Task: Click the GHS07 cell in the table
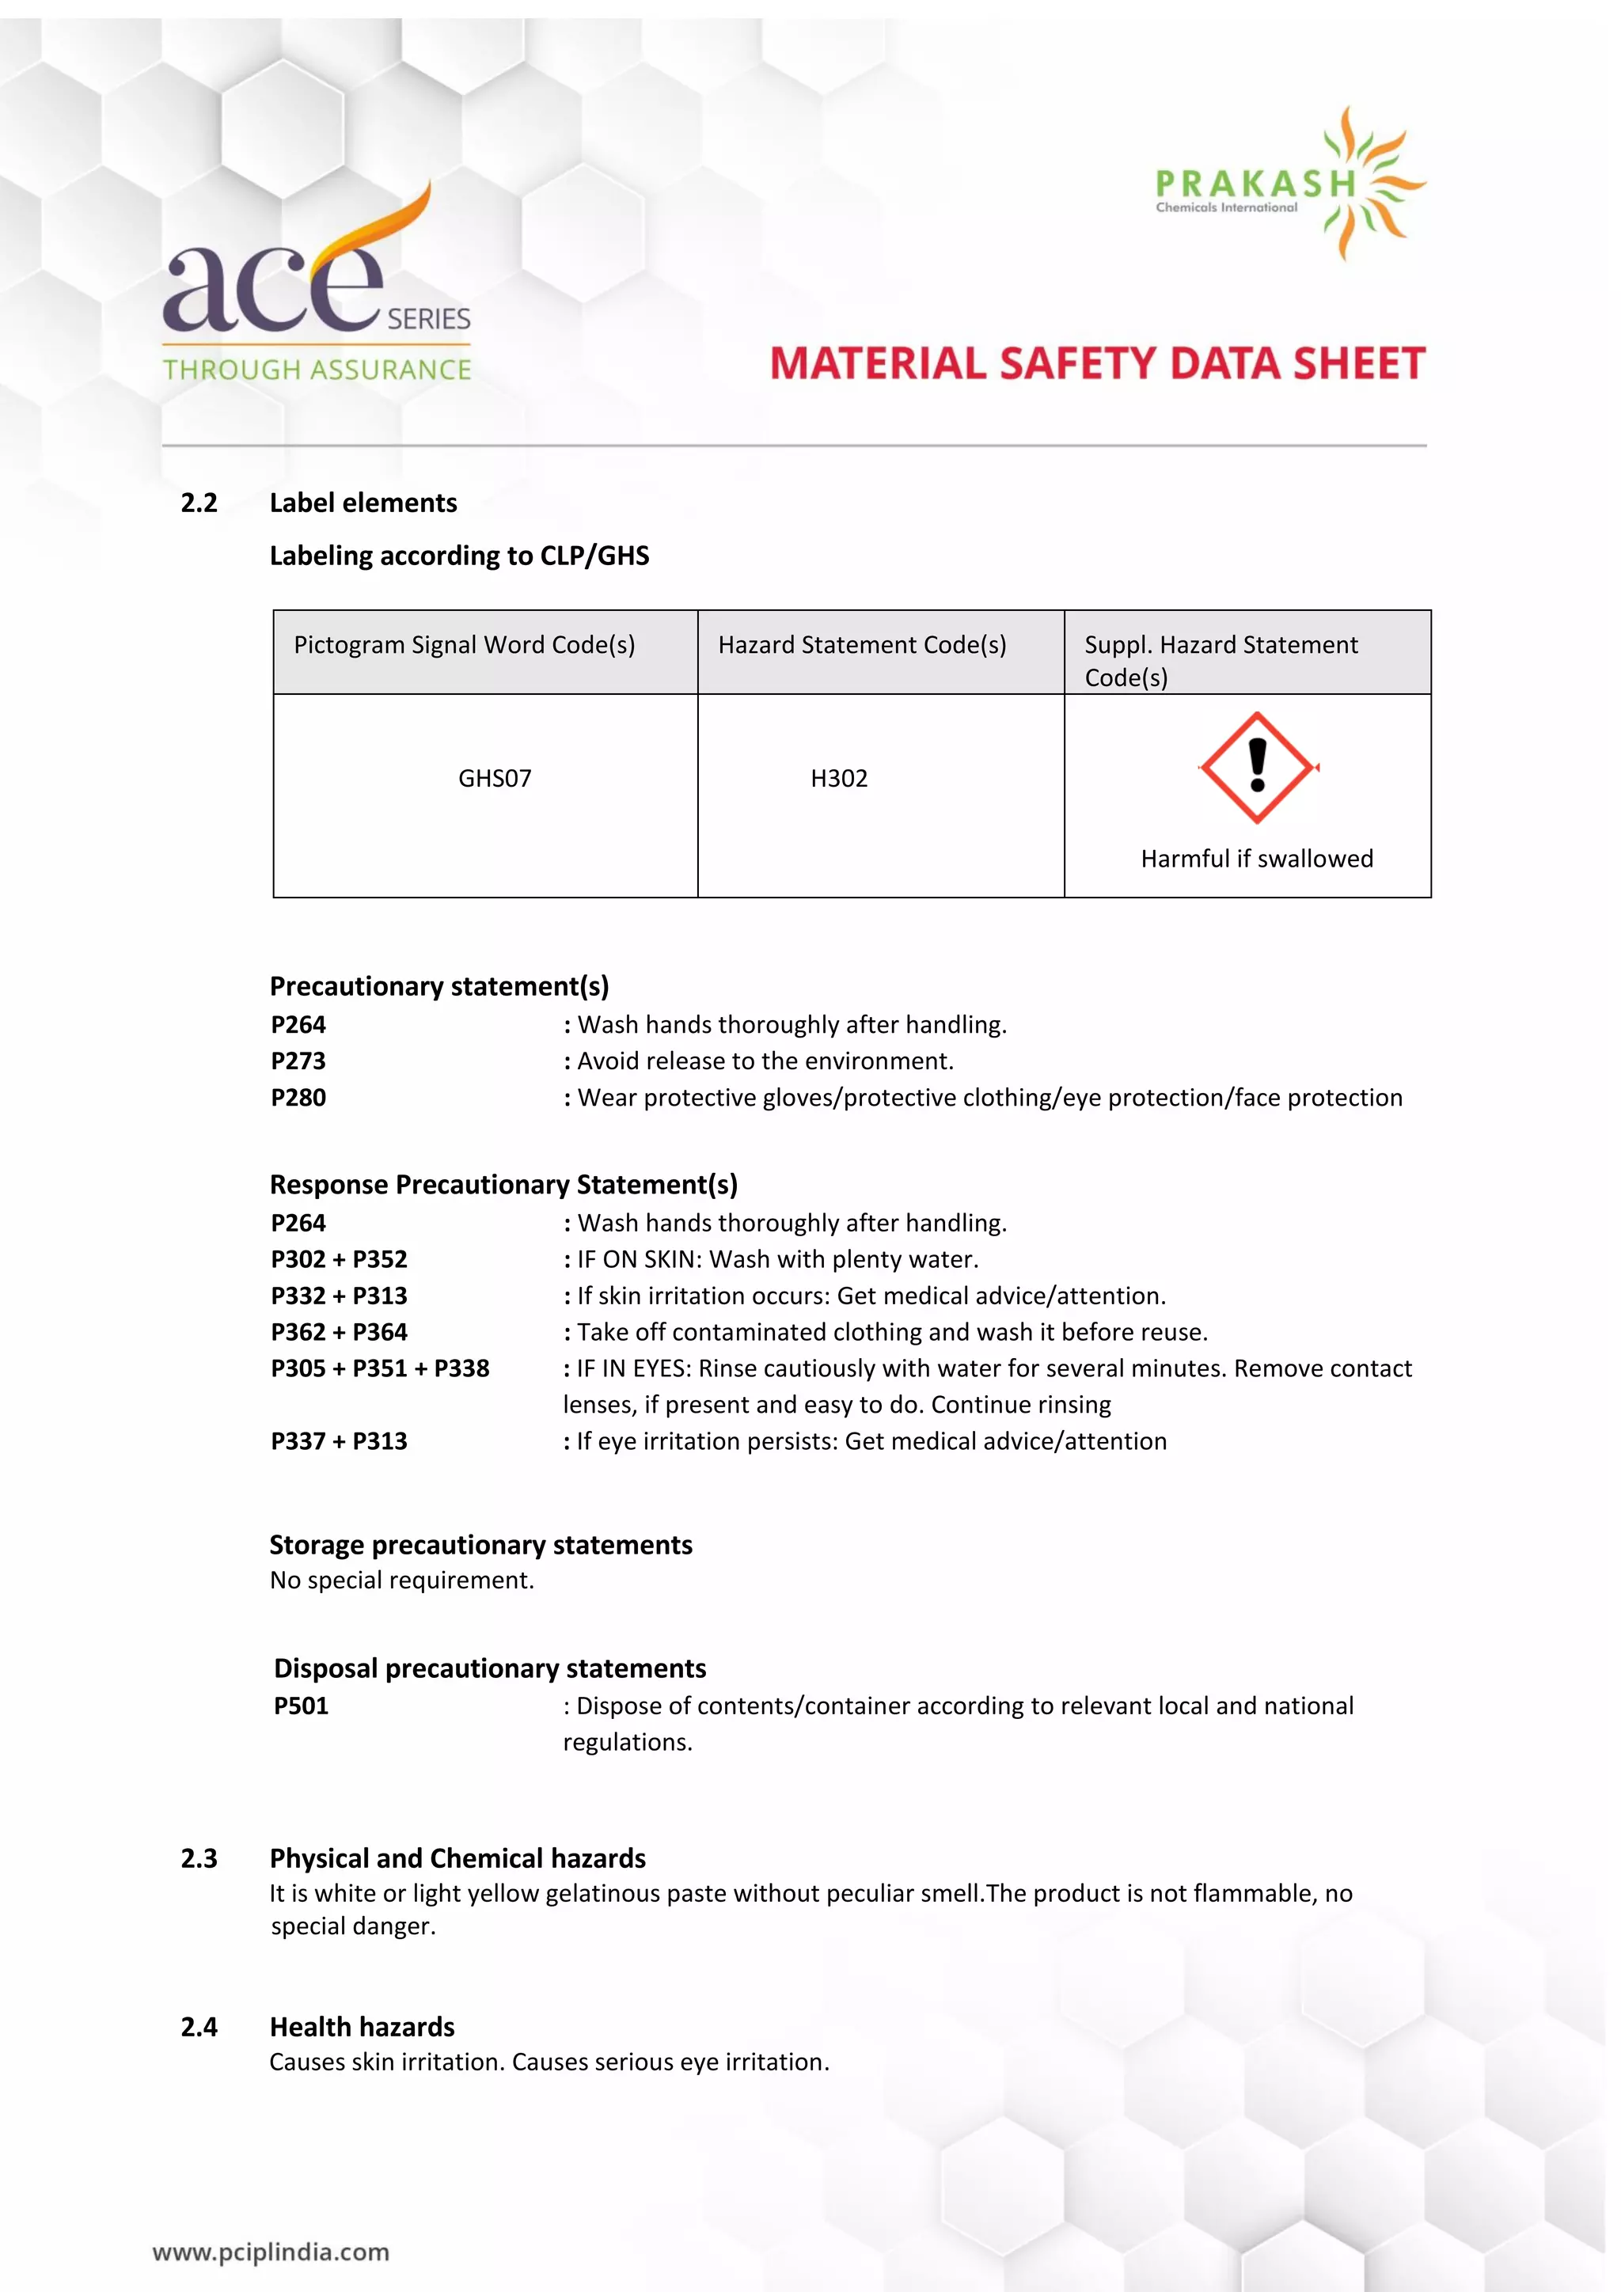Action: pos(494,778)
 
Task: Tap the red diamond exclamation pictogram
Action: pos(1257,767)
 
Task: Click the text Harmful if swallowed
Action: pos(1257,859)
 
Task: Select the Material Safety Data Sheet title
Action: pos(1097,363)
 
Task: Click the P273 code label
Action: pos(298,1061)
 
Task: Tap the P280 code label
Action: pos(298,1097)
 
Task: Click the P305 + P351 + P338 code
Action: pos(379,1368)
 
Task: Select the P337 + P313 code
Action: pos(339,1440)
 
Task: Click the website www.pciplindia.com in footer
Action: pos(271,2252)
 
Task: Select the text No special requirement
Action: pos(401,1580)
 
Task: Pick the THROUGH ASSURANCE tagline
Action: pos(317,370)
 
